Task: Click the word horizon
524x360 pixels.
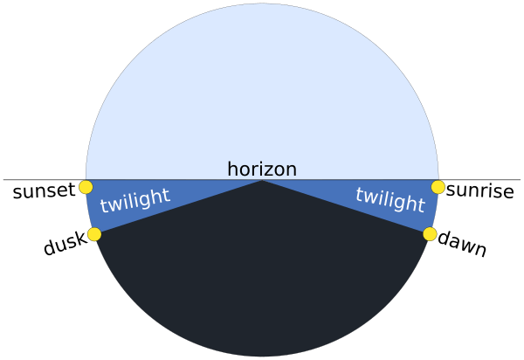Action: point(262,169)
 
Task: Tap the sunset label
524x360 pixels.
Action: point(44,190)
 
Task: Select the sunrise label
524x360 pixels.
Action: point(479,190)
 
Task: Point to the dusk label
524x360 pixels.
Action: point(65,243)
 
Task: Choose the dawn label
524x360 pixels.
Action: point(462,244)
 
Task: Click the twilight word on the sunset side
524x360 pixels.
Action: point(135,200)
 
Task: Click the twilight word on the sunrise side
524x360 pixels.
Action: point(390,199)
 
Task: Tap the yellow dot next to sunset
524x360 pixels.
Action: point(86,187)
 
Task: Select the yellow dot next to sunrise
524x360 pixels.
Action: point(438,187)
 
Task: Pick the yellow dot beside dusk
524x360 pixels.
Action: point(94,234)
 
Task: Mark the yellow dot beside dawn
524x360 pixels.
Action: point(430,234)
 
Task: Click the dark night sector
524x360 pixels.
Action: point(262,274)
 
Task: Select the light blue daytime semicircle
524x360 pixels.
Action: point(262,93)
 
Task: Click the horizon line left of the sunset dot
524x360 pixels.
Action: point(45,179)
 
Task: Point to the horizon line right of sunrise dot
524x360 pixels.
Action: point(479,179)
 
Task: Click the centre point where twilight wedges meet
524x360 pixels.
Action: point(262,180)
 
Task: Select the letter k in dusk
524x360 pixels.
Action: point(80,239)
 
